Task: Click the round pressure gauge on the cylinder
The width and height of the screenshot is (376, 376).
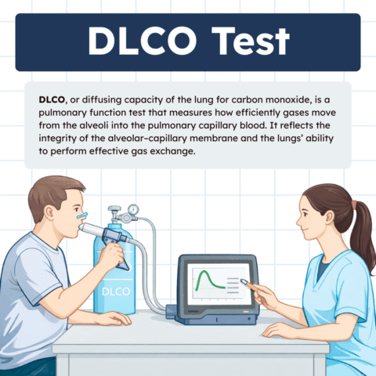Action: pyautogui.click(x=135, y=208)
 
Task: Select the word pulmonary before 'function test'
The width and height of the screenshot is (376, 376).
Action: pyautogui.click(x=72, y=114)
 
